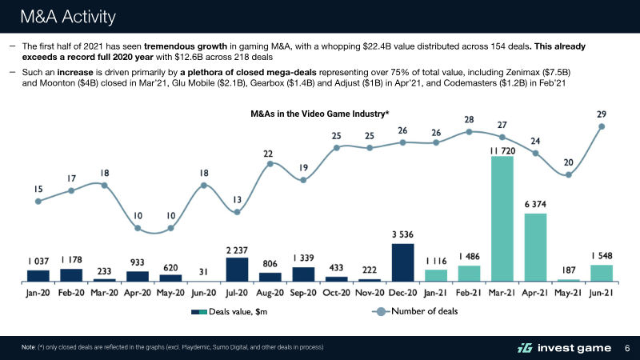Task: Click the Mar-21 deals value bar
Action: tap(502, 218)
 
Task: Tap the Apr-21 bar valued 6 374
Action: tap(535, 247)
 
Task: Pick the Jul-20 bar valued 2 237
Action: tap(237, 270)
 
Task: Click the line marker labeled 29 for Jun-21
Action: tap(602, 126)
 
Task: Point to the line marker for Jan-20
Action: tap(38, 202)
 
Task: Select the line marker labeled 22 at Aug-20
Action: tap(270, 164)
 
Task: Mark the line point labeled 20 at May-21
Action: tap(568, 174)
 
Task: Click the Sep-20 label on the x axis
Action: tap(303, 293)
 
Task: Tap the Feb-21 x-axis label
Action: tap(469, 293)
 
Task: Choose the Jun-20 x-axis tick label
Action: tap(204, 293)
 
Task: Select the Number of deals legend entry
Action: tap(416, 311)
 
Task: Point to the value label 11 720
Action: tap(502, 150)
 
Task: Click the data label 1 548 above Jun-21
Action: tap(602, 256)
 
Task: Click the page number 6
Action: tap(626, 347)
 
